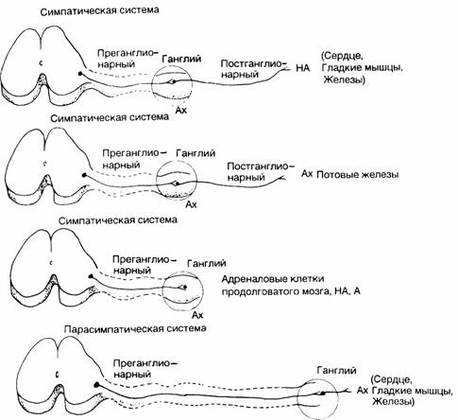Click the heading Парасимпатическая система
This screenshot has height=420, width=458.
(x=135, y=329)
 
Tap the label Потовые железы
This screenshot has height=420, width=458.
(x=358, y=175)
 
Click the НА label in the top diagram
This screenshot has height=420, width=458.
(x=303, y=68)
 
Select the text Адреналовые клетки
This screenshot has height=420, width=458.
(x=273, y=279)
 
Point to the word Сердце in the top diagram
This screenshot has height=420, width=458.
(x=343, y=57)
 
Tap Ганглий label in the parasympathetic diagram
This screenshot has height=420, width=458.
(x=337, y=371)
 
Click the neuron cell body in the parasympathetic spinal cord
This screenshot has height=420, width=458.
(x=97, y=384)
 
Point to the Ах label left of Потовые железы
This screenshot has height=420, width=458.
(x=307, y=174)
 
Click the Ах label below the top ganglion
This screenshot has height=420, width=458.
(x=181, y=110)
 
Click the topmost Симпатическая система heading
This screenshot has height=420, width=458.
(x=100, y=10)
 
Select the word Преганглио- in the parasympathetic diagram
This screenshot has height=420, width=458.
(x=145, y=363)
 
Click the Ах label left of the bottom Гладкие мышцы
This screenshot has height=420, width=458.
(x=363, y=391)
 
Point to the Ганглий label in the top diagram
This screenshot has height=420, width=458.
(x=181, y=59)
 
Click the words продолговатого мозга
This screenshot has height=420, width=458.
(x=276, y=291)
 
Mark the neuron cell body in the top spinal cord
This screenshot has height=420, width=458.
(x=80, y=74)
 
